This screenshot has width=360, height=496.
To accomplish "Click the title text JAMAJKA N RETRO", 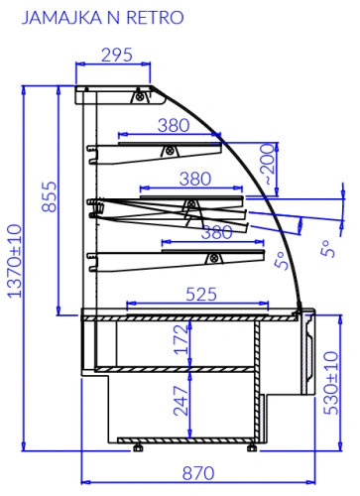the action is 102,18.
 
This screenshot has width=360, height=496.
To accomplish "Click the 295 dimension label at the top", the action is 117,55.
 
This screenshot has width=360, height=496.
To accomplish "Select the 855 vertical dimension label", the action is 50,196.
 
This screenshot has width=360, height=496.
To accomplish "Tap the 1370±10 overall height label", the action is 15,261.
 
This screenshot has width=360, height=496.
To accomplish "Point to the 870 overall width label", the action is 198,473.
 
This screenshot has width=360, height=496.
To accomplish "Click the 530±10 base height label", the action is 331,383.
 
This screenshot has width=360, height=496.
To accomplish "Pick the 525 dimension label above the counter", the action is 201,294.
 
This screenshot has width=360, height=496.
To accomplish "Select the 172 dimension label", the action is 181,339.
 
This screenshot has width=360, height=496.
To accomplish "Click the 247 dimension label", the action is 181,401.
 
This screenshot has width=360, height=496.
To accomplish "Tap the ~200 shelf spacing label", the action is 268,165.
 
